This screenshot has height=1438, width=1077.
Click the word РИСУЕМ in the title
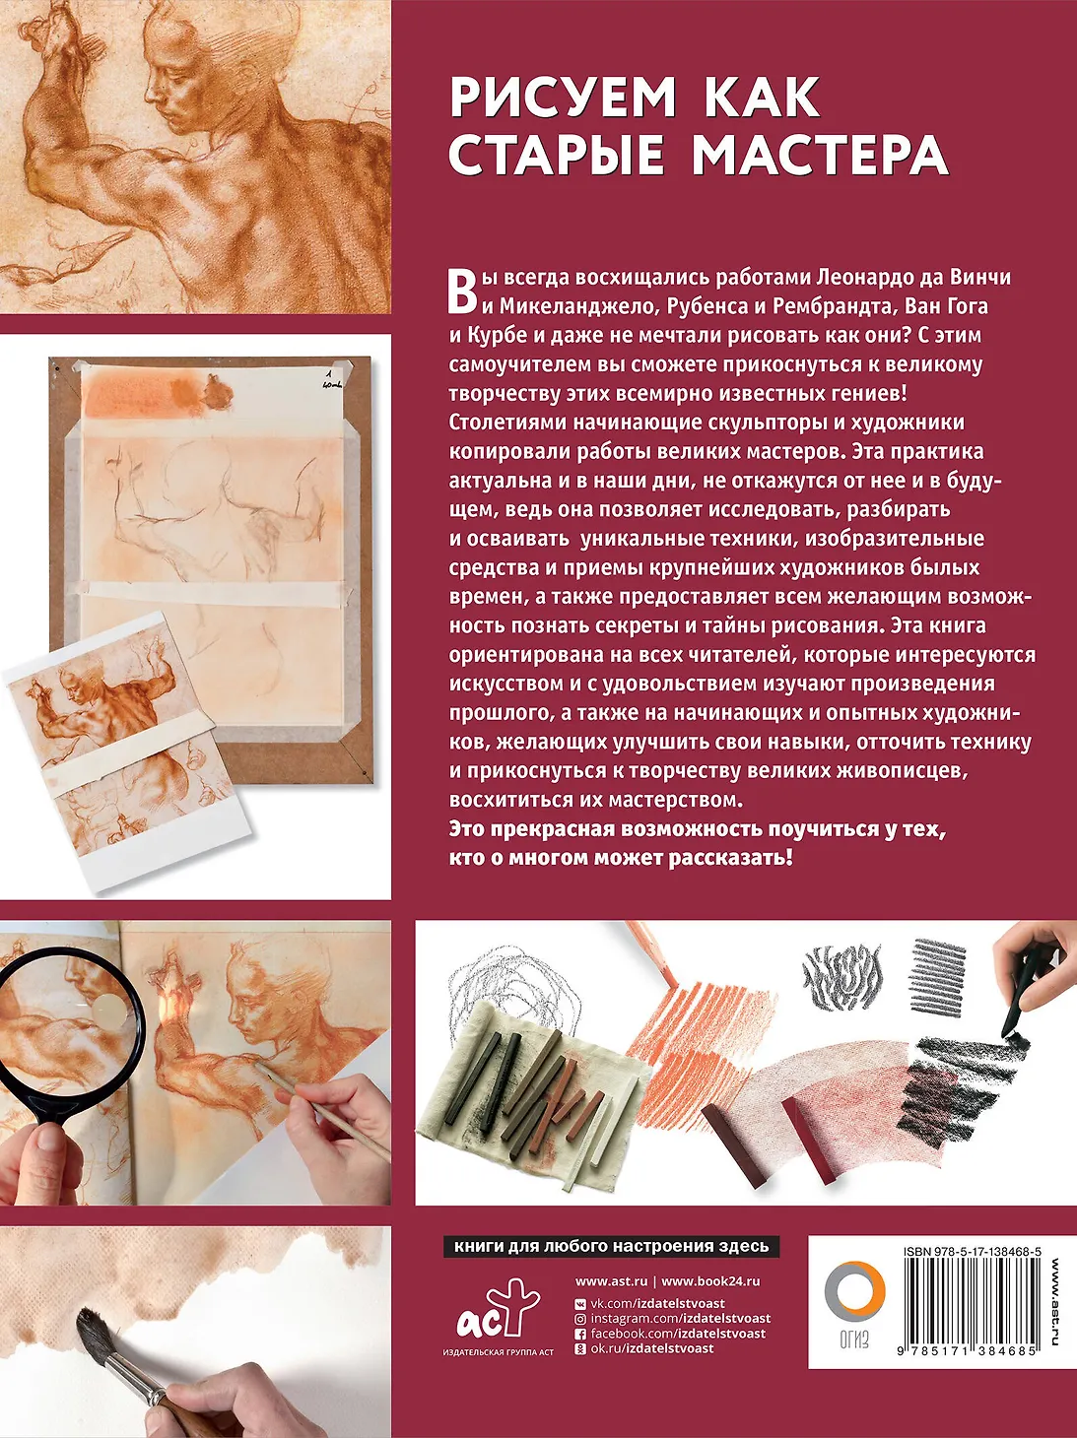[x=563, y=98]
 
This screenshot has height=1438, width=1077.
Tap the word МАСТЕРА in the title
[x=820, y=155]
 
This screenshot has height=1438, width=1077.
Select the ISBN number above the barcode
[x=973, y=1251]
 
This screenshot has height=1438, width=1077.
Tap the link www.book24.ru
[x=710, y=1281]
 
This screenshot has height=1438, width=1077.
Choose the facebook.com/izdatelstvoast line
[x=669, y=1334]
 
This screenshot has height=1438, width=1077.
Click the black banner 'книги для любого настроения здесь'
[x=611, y=1246]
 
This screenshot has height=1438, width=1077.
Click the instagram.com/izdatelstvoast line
[x=672, y=1318]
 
